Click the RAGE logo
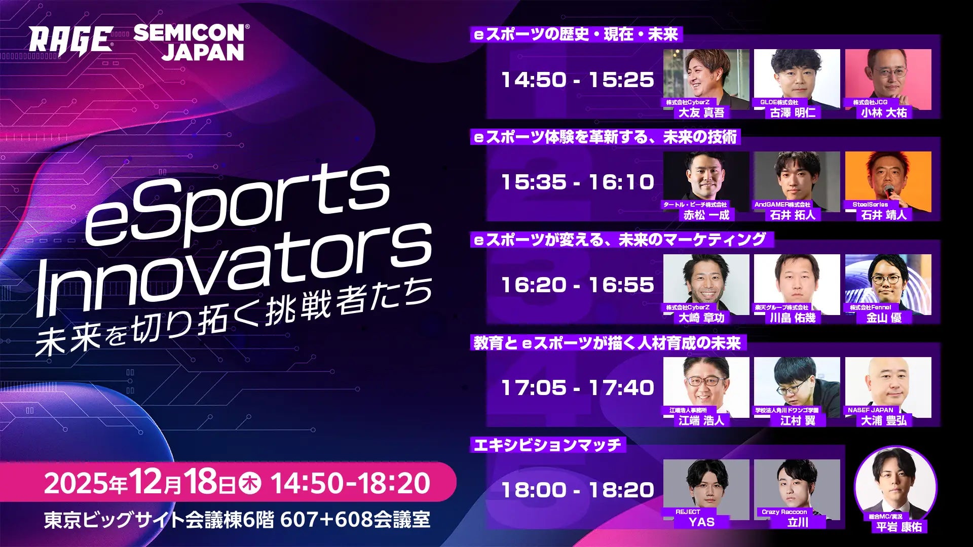70,40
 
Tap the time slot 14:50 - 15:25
577,80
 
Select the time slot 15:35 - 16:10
577,182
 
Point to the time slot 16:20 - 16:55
577,285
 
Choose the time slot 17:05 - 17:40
577,388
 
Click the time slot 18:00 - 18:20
577,490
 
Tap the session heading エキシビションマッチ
547,445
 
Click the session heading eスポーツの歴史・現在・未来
576,34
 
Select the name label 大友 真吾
701,112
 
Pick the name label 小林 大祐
884,112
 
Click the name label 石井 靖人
884,215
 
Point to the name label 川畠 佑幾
793,318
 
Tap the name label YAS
701,522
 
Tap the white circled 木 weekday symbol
249,483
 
